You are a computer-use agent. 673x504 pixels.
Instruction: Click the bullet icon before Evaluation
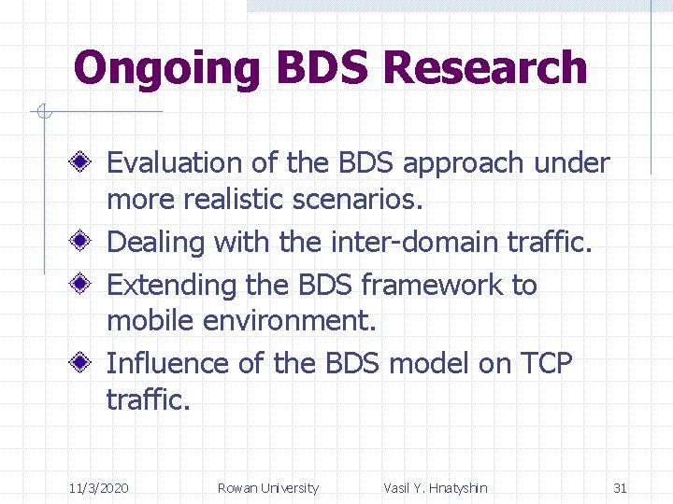point(83,163)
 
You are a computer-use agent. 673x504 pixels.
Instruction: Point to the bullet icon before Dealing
point(83,243)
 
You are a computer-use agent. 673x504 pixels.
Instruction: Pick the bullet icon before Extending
point(83,284)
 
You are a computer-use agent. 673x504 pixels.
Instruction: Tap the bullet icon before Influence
point(83,363)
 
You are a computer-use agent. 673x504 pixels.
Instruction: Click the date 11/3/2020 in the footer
point(99,488)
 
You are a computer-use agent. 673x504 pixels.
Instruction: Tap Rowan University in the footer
point(267,488)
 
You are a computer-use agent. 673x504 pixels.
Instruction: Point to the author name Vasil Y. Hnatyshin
point(435,488)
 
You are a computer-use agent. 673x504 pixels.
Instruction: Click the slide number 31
point(620,488)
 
